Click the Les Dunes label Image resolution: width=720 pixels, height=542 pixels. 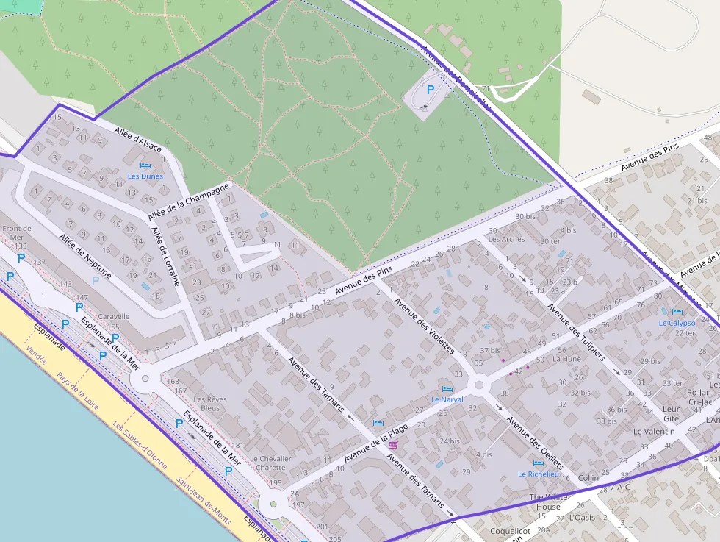point(145,176)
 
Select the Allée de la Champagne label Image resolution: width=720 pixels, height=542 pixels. point(190,200)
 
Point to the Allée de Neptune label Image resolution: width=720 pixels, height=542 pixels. point(86,257)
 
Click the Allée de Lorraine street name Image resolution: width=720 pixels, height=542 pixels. point(165,255)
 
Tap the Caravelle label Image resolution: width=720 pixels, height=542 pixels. point(113,317)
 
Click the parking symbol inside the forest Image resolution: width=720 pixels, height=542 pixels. point(431,89)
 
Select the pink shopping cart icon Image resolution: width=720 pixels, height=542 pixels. point(393,445)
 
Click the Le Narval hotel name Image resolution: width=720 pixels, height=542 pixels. point(447,399)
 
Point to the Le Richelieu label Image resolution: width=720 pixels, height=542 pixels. point(539,474)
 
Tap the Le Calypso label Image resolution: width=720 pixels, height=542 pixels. point(677,323)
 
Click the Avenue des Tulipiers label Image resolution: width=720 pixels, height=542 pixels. point(577,332)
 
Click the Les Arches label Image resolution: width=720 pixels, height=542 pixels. point(506,239)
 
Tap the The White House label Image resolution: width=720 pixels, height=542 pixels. point(549,502)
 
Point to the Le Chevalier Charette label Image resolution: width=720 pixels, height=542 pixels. point(270,463)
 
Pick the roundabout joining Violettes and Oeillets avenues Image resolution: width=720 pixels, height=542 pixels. point(480,385)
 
